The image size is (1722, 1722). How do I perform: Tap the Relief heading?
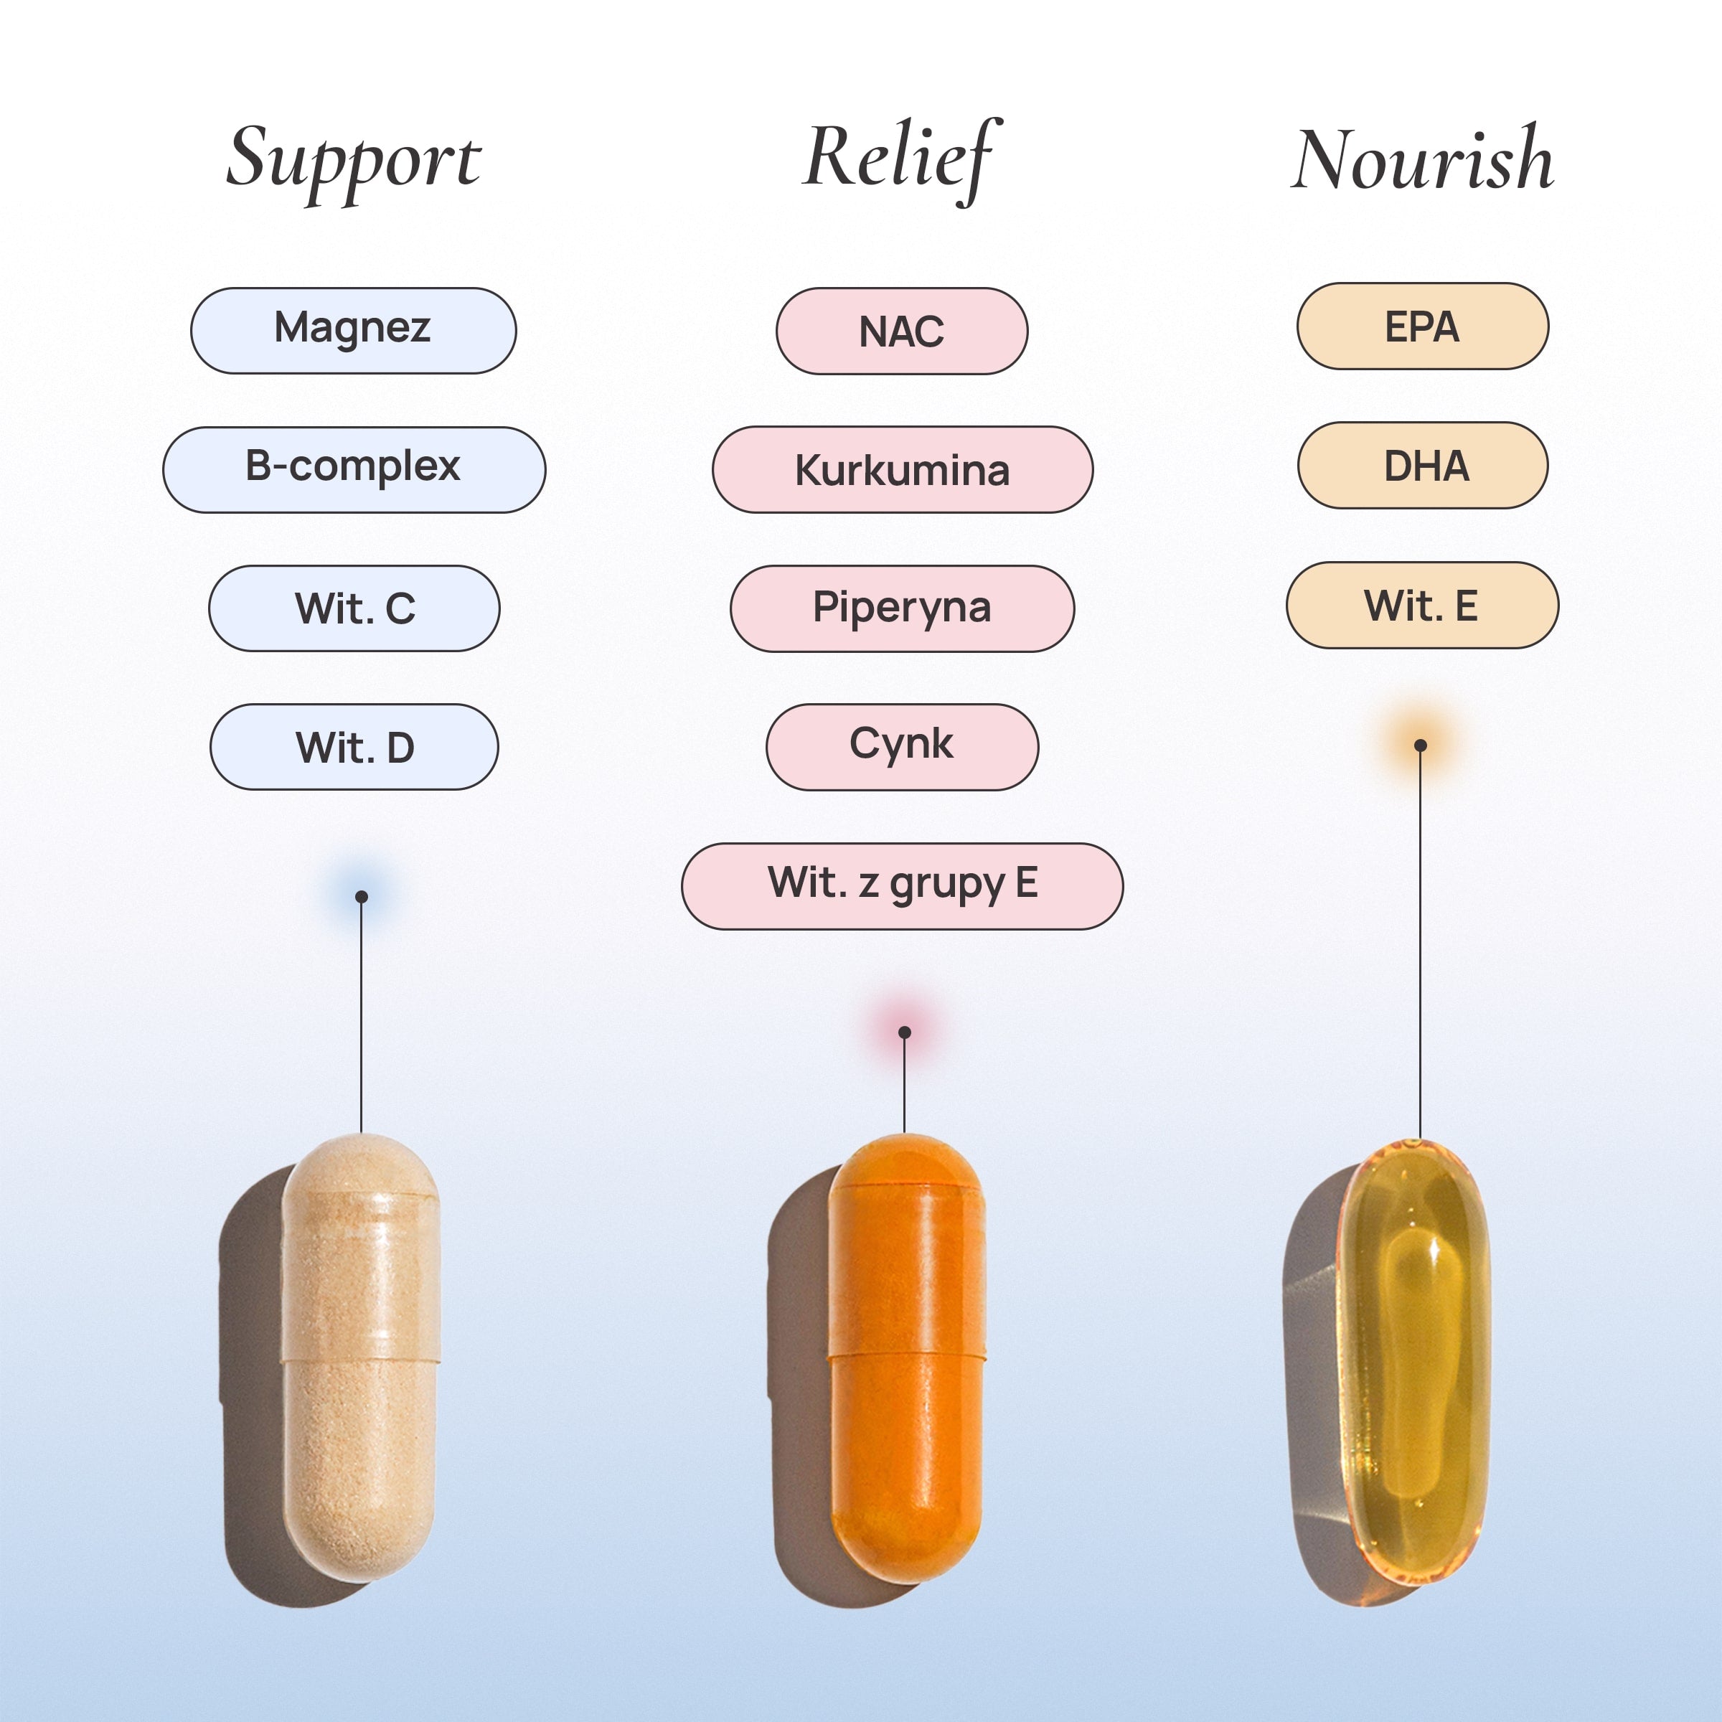900,159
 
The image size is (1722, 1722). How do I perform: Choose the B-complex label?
354,469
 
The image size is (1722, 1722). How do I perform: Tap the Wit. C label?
354,608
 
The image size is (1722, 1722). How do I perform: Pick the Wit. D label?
354,747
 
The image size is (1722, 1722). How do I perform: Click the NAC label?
901,331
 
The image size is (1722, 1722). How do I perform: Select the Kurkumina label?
902,470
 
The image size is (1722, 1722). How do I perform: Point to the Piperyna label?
902,608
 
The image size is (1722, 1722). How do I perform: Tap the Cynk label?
902,747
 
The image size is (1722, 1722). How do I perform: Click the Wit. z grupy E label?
902,886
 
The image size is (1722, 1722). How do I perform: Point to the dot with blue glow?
361,897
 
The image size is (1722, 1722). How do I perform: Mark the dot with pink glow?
905,1032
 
